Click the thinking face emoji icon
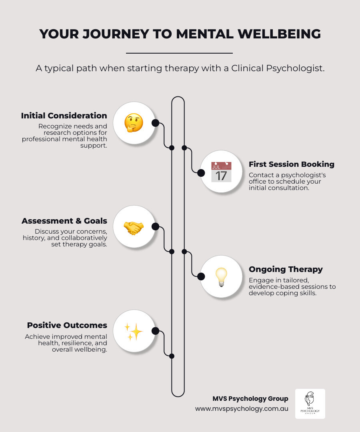[134, 123]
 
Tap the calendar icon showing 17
[221, 172]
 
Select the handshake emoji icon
[134, 227]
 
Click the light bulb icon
[221, 277]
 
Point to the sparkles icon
[134, 332]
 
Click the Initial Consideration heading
[64, 116]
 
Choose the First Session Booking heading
[291, 164]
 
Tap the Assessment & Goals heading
[64, 221]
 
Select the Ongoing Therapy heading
[286, 269]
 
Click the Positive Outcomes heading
[67, 325]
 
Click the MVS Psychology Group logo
[310, 404]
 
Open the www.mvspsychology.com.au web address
[242, 409]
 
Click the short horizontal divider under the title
[179, 53]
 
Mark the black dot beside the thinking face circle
[155, 123]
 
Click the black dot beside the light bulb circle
[201, 276]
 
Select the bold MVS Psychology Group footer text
[250, 398]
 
